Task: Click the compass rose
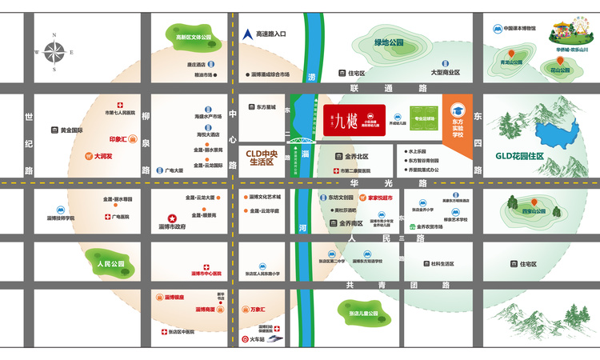(54, 52)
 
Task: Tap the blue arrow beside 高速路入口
(248, 34)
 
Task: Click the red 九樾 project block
(354, 121)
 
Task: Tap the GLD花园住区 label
(519, 156)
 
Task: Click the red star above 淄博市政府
(171, 218)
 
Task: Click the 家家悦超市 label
(382, 197)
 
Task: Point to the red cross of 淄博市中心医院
(206, 266)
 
